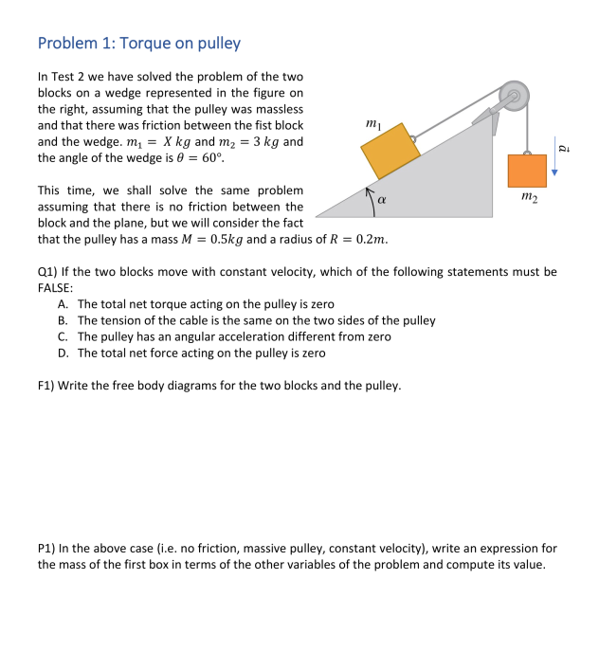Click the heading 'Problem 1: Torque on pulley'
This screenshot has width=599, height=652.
138,43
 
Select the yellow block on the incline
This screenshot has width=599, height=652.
390,151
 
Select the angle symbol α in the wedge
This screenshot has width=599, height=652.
382,200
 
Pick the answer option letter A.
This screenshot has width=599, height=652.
62,304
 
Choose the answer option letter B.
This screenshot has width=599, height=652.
62,320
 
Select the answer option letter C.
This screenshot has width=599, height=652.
62,336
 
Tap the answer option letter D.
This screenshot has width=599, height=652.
62,353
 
